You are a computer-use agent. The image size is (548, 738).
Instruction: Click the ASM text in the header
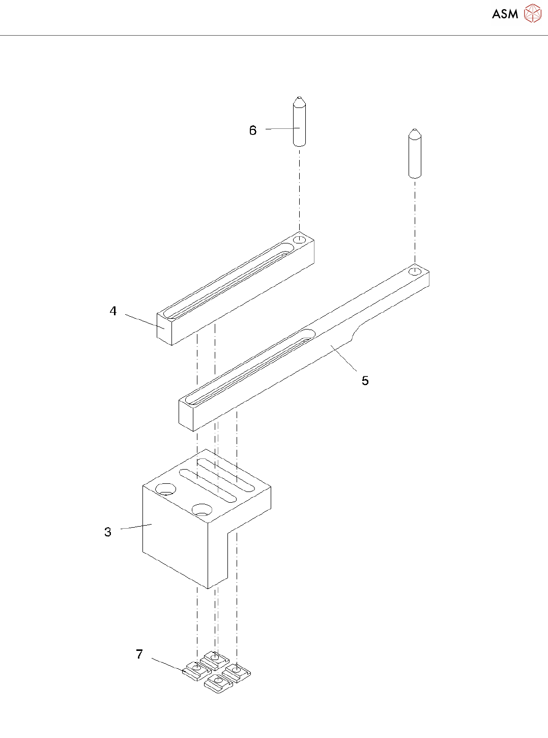coord(505,14)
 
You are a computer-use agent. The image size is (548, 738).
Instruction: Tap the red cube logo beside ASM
coord(533,13)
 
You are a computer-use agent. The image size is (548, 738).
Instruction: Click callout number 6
coord(253,130)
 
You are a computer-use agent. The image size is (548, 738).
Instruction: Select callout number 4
coord(113,311)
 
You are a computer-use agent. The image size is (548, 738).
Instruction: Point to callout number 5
coord(365,380)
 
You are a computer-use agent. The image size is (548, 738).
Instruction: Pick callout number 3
coord(107,532)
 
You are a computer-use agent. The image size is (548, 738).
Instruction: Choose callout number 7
coord(139,654)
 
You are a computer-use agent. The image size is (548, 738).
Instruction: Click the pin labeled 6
coord(299,125)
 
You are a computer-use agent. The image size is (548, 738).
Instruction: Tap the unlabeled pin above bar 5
coord(415,155)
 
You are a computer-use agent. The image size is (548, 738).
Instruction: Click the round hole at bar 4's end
coord(300,239)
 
